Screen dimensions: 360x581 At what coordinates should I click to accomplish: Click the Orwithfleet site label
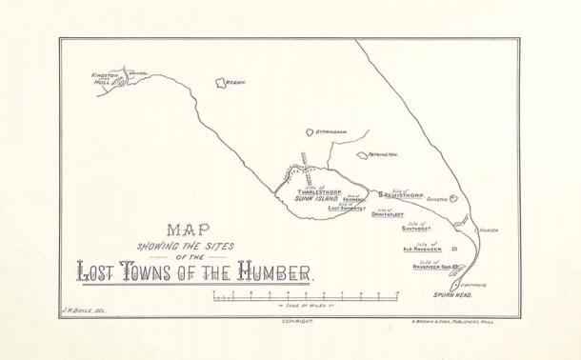pos(389,214)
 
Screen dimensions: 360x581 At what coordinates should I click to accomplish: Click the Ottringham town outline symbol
pos(309,134)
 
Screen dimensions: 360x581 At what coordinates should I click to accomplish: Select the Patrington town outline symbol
pos(362,154)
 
